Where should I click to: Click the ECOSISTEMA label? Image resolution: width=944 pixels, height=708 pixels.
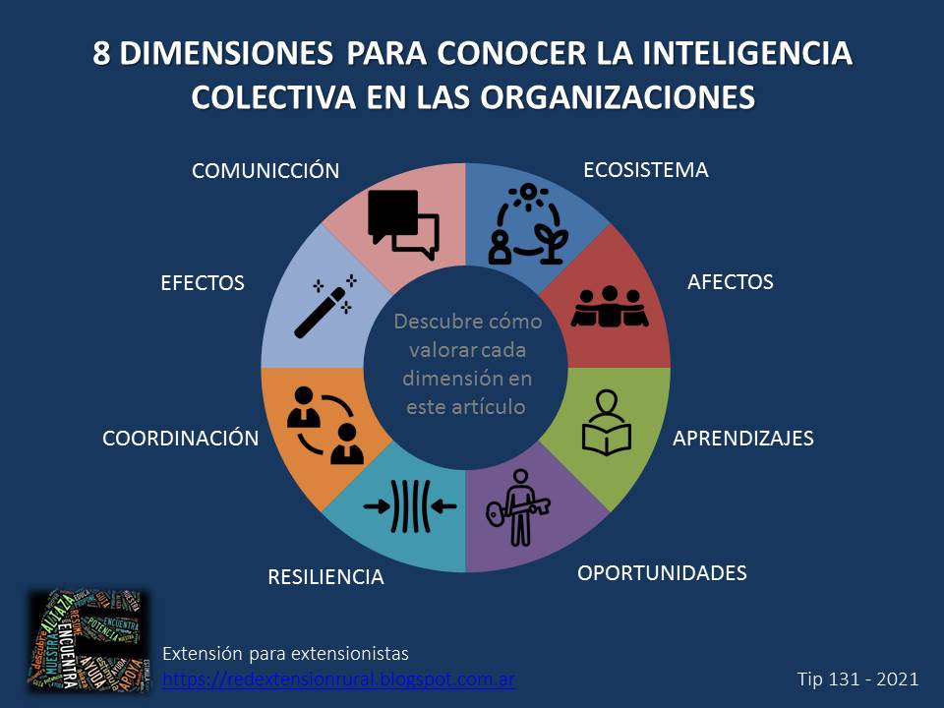tap(645, 169)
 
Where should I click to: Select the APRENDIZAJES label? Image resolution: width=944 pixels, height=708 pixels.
tap(742, 439)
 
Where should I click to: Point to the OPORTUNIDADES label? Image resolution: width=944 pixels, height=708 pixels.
tap(662, 572)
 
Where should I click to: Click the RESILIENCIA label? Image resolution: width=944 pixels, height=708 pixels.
tap(325, 577)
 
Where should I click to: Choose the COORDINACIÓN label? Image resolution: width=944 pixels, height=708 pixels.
tap(180, 439)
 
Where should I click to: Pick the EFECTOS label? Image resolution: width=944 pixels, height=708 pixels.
tap(202, 283)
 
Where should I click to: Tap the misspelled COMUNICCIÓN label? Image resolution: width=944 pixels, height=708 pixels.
tap(265, 171)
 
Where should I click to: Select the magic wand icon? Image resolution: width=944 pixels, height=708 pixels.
tap(324, 306)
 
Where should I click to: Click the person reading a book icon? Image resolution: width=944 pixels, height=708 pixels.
tap(607, 423)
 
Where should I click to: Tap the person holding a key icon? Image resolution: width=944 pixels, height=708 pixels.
tap(519, 507)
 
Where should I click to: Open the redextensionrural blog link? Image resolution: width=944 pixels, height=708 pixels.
tap(338, 678)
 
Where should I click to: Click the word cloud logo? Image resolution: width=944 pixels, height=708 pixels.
tap(88, 639)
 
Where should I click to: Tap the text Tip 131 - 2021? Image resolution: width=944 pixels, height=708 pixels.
tap(857, 678)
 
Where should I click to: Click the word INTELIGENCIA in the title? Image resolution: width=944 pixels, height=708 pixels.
tap(737, 53)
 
